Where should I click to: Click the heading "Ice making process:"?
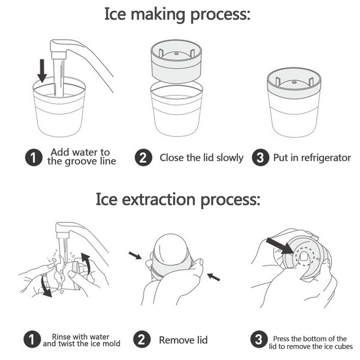click(177, 14)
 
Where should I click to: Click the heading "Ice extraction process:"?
click(178, 199)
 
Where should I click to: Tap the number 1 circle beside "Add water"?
click(34, 157)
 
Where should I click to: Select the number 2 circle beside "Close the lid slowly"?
click(143, 157)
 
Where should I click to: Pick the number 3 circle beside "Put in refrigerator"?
click(261, 157)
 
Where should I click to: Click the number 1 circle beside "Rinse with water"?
click(32, 339)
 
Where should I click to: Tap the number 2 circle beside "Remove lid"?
click(142, 339)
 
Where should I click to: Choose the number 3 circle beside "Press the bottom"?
click(259, 339)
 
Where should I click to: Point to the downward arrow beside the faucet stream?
click(42, 71)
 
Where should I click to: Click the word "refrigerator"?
click(326, 158)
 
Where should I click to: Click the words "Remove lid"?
click(183, 340)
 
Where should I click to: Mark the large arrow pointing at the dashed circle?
click(279, 246)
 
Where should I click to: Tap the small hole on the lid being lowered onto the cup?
click(176, 54)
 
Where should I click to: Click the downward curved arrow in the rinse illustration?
click(45, 286)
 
